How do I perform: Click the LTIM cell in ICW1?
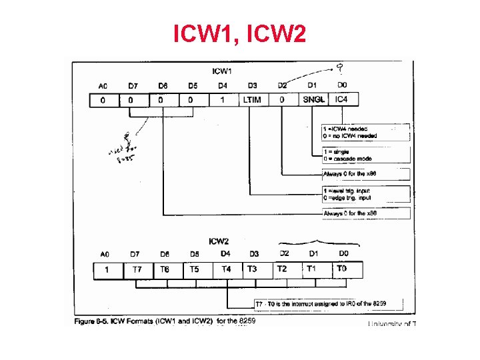click(x=252, y=100)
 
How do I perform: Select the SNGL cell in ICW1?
click(x=313, y=100)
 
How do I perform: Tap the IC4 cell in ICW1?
click(x=342, y=100)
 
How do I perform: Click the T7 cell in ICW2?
click(x=137, y=269)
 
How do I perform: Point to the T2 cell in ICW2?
click(x=283, y=269)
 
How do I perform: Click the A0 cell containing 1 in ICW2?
click(x=105, y=269)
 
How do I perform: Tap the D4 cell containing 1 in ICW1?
click(x=222, y=100)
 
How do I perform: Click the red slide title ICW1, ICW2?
click(x=240, y=33)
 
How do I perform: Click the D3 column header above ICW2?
click(x=253, y=254)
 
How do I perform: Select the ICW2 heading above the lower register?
click(x=220, y=241)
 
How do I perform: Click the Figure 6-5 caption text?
click(x=164, y=321)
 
